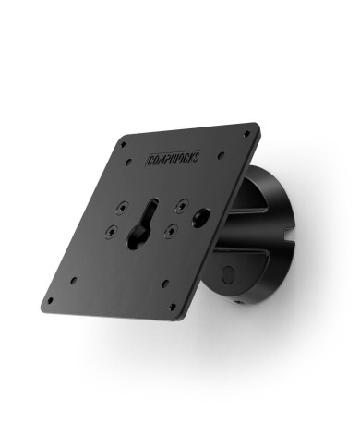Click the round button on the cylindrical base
point(227,274)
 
